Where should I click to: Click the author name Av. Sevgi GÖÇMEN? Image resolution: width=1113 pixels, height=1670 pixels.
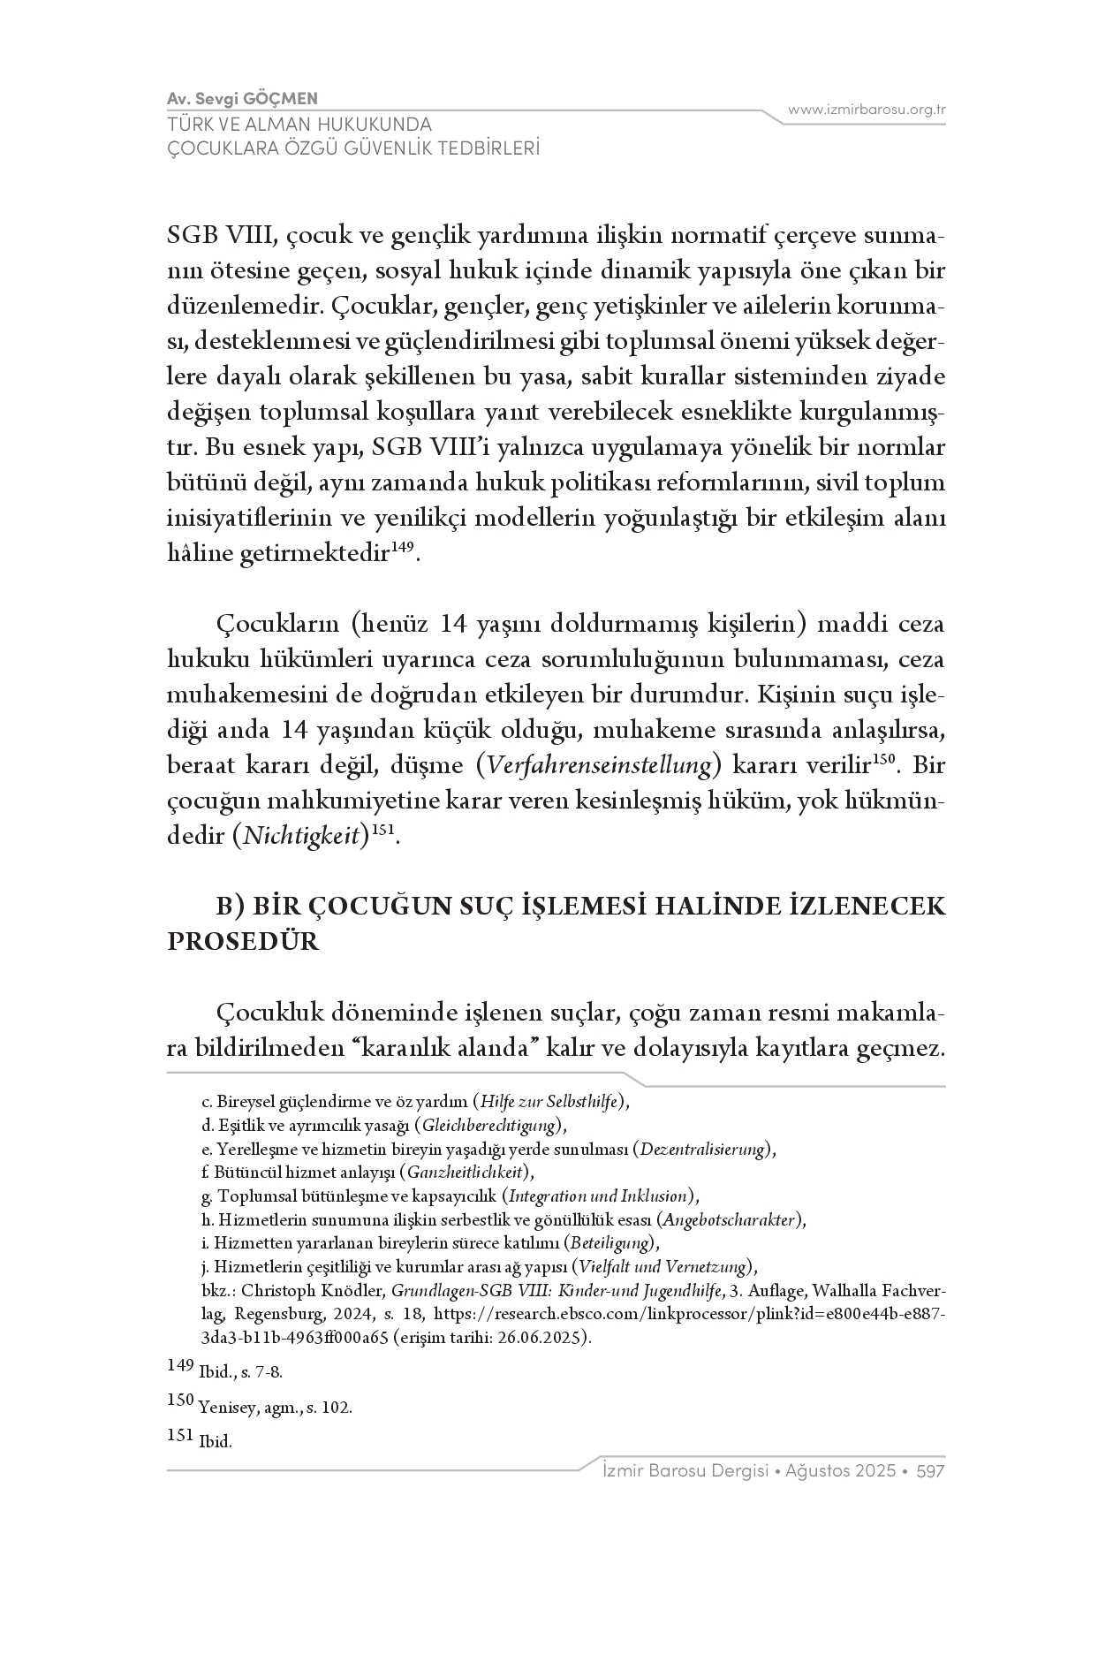pos(242,98)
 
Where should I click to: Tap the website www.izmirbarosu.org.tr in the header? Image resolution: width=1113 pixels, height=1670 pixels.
pos(867,110)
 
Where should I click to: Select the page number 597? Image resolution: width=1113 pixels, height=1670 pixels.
pos(931,1471)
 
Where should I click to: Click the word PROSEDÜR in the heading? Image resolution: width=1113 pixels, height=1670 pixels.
pos(243,941)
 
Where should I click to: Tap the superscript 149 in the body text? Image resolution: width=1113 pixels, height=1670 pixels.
pos(402,549)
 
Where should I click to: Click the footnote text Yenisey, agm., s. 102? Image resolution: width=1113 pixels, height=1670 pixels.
pos(276,1408)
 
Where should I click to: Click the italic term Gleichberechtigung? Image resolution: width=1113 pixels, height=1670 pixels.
pos(490,1126)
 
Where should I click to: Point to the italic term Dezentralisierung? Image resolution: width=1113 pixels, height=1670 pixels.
pos(702,1150)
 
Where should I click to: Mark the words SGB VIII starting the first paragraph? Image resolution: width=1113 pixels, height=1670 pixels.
pos(222,237)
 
